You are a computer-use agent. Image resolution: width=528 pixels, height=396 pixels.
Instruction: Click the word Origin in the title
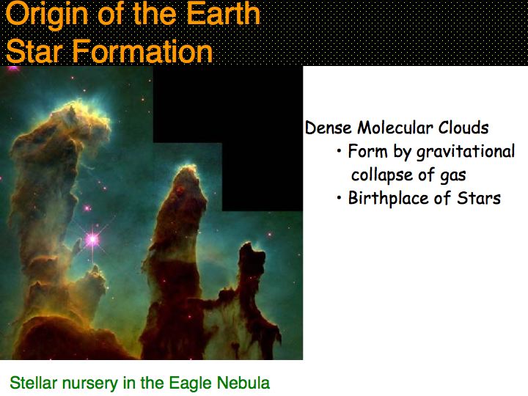(47, 15)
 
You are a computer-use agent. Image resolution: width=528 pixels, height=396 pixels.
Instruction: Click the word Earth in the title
(223, 13)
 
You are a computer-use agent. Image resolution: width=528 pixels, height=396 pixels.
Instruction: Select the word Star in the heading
(34, 51)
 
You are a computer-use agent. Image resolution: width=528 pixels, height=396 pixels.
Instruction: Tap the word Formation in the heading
(143, 51)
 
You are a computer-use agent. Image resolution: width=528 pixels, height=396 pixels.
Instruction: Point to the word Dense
(329, 128)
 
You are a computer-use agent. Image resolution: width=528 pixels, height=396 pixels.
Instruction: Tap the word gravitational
(466, 152)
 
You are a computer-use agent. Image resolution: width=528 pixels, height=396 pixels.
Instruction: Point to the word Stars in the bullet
(478, 198)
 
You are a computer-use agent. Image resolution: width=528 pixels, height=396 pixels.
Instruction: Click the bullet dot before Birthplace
(339, 197)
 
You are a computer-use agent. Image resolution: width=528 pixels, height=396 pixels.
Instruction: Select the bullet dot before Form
(339, 150)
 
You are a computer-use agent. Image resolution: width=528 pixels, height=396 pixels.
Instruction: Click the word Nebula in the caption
(243, 383)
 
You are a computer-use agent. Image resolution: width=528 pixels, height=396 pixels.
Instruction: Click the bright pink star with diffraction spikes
(92, 240)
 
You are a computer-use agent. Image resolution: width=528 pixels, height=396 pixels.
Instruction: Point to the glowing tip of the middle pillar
(188, 169)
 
